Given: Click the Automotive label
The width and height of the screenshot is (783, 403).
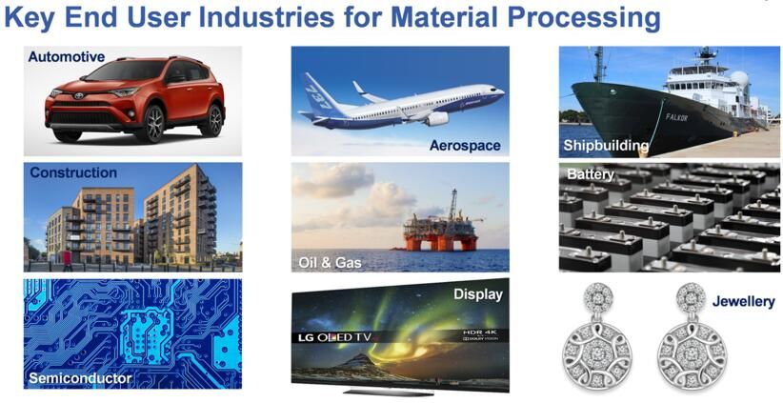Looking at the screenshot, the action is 67,57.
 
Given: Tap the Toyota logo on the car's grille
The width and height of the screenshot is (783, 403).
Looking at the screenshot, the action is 78,96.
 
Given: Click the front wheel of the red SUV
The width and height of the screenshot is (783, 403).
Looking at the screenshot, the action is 154,125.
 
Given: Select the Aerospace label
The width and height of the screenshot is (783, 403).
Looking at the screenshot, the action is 465,146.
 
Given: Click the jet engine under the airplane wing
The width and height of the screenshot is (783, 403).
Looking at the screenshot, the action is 436,119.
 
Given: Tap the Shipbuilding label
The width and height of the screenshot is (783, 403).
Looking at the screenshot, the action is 606,146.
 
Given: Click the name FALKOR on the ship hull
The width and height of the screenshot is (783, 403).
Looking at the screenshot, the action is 676,117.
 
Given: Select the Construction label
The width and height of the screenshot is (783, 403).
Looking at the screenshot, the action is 73,172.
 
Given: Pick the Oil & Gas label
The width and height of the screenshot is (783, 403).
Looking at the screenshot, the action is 330,263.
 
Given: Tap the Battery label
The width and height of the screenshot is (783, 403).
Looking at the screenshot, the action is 591,174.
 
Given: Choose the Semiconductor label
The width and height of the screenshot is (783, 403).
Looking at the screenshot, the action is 80,377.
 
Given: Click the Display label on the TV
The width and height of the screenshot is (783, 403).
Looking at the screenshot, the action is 478,294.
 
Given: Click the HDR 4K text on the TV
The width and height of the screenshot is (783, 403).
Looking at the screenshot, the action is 479,332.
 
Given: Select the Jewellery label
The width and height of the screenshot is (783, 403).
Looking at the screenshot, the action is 744,301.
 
